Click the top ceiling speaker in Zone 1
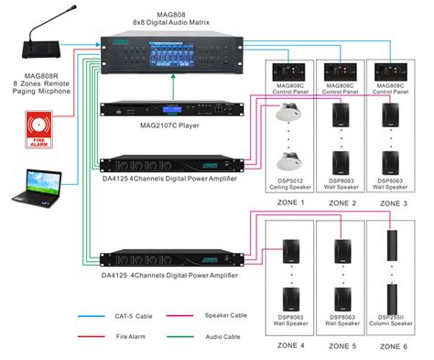pyautogui.click(x=288, y=116)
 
